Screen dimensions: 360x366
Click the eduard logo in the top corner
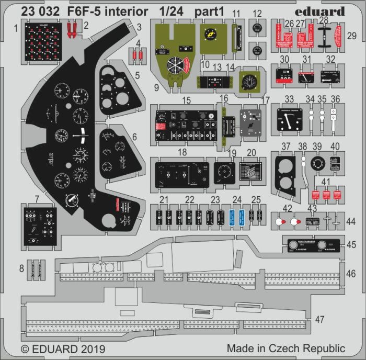(x=324, y=11)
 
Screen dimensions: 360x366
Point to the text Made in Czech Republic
(x=285, y=348)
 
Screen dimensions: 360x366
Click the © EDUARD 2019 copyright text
(x=63, y=348)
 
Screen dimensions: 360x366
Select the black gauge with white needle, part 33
(x=290, y=120)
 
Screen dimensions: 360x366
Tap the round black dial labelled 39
(x=317, y=164)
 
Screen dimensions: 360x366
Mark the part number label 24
(x=237, y=199)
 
